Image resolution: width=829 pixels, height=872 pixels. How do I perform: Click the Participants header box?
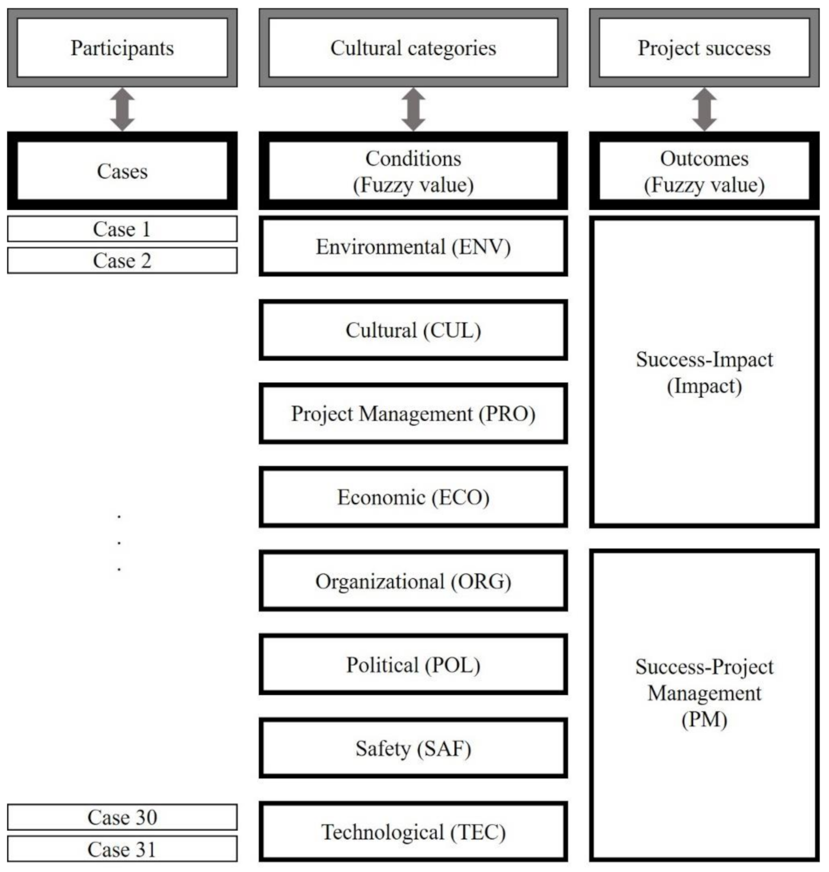coord(122,48)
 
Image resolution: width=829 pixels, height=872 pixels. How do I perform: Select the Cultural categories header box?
coord(413,48)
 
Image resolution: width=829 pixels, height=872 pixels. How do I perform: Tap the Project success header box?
coord(704,48)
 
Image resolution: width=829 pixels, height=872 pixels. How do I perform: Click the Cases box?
coord(122,171)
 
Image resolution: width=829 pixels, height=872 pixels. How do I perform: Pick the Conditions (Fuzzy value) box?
coord(413,171)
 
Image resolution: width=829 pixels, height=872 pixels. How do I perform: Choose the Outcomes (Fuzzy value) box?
coord(704,171)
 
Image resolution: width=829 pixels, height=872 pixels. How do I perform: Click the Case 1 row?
coord(122,229)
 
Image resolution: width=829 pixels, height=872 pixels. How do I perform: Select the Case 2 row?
coord(122,260)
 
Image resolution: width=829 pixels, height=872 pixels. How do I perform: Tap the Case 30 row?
coord(122,817)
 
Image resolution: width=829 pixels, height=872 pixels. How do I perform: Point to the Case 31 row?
coord(122,849)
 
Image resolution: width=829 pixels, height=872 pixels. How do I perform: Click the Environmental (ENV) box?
coord(413,247)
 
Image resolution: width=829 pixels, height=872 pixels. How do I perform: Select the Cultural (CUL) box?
coord(413,330)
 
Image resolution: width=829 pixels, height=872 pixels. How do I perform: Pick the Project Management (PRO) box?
coord(413,414)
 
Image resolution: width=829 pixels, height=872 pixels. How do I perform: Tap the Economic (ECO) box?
coord(413,497)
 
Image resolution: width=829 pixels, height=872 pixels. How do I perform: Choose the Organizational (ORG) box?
coord(413,581)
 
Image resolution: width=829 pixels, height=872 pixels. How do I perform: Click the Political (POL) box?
coord(413,665)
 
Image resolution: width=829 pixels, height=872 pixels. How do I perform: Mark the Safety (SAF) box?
coord(413,748)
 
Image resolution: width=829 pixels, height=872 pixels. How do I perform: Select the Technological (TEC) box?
coord(413,832)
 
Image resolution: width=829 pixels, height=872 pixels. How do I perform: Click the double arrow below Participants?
coord(122,109)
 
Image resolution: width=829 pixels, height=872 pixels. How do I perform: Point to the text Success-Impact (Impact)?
coord(704,373)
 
